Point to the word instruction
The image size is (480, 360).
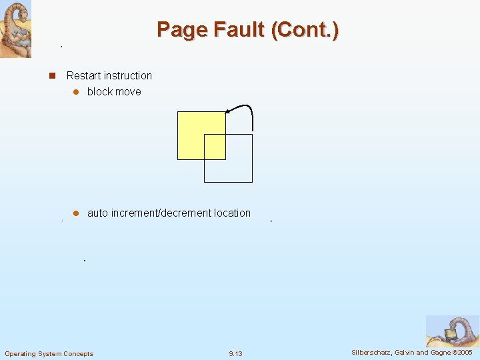tap(129, 76)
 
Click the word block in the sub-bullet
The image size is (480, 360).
tap(99, 92)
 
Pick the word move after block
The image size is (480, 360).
tap(128, 92)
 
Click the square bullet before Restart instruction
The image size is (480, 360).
tap(51, 76)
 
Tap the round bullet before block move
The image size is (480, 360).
tap(76, 92)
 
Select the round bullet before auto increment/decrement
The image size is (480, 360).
tap(76, 213)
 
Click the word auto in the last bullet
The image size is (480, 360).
tap(97, 213)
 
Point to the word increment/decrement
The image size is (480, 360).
tap(160, 213)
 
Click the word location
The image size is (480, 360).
tap(233, 213)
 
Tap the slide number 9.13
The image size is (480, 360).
tap(235, 353)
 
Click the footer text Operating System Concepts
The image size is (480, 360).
tap(49, 353)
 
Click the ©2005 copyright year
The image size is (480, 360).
tap(461, 352)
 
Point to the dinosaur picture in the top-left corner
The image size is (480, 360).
tap(15, 29)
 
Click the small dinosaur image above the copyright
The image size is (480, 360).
tap(452, 331)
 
